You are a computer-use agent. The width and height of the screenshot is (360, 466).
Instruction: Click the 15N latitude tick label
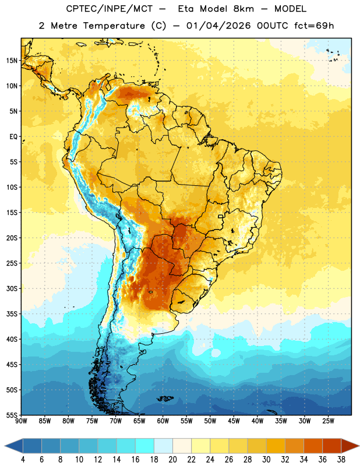pos(12,61)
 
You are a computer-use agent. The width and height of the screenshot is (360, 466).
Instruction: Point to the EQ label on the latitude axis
pos(13,137)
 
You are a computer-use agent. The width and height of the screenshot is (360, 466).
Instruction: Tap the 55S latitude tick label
pos(12,415)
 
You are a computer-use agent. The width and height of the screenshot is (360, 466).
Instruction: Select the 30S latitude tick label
pos(12,288)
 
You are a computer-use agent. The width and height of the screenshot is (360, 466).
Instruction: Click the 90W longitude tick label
pos(21,421)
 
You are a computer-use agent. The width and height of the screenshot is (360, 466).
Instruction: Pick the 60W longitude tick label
pos(163,421)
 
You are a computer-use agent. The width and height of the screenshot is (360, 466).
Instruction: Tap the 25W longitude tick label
pos(328,421)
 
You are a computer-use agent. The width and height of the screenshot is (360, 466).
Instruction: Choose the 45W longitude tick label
pos(234,421)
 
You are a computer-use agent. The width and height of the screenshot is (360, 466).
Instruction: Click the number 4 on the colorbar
pos(23,460)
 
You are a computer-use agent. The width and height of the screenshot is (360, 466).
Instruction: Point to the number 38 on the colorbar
pos(341,460)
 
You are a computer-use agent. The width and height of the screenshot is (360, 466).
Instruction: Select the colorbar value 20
pos(172,460)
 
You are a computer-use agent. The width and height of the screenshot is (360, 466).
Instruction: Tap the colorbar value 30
pos(266,460)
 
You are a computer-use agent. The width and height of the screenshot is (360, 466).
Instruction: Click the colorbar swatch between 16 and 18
pos(145,446)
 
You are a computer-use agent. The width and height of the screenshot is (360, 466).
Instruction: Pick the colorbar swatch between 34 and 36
pos(313,446)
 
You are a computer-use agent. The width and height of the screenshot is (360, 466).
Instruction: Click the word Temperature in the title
pos(114,26)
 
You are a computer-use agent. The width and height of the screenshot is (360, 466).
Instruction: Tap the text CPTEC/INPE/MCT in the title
pos(110,9)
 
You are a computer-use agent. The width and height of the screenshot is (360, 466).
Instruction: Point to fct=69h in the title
pos(314,26)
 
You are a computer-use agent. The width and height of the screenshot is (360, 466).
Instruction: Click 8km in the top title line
pos(243,9)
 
